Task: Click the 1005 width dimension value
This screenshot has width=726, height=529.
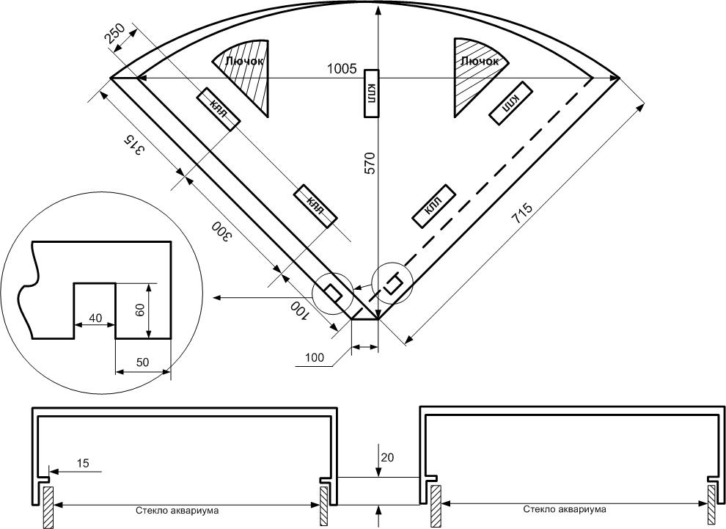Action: click(x=341, y=69)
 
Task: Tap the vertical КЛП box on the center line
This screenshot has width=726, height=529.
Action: click(x=372, y=93)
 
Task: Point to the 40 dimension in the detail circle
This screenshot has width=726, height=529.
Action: click(x=95, y=318)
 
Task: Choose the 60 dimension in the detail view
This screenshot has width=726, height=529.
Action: click(x=140, y=310)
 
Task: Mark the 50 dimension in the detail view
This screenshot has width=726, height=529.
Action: click(x=142, y=362)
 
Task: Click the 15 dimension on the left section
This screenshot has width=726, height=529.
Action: click(x=83, y=463)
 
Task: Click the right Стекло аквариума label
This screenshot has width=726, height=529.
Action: click(x=564, y=508)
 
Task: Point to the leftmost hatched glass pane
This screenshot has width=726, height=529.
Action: click(x=47, y=506)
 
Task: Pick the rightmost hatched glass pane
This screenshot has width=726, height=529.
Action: click(x=711, y=506)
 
